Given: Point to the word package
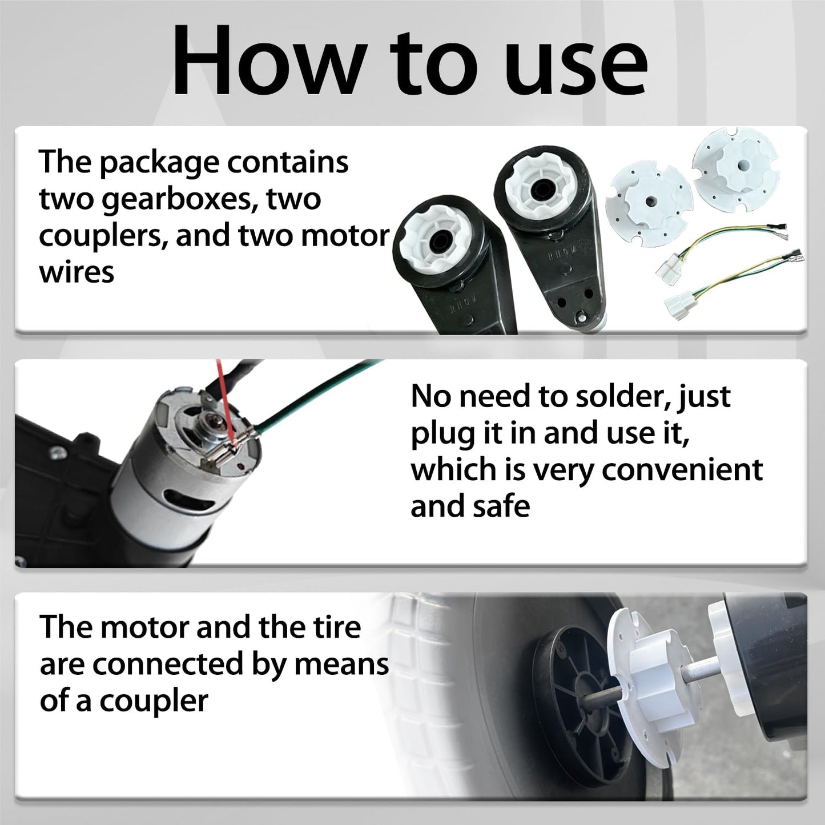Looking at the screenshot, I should click(162, 163).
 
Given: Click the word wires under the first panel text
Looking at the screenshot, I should click(77, 272).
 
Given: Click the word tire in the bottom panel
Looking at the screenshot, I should click(337, 627).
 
